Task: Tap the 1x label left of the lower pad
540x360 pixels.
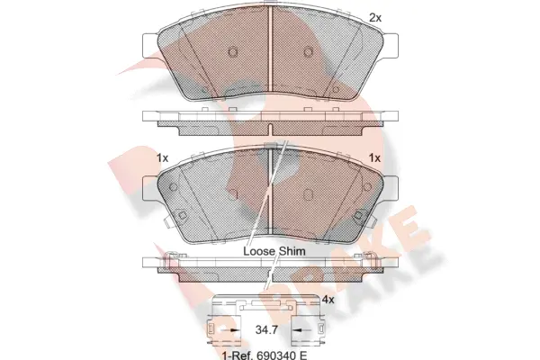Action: click(x=162, y=158)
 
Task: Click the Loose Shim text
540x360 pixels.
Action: click(x=274, y=251)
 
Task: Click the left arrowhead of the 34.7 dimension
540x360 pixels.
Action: click(x=236, y=332)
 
